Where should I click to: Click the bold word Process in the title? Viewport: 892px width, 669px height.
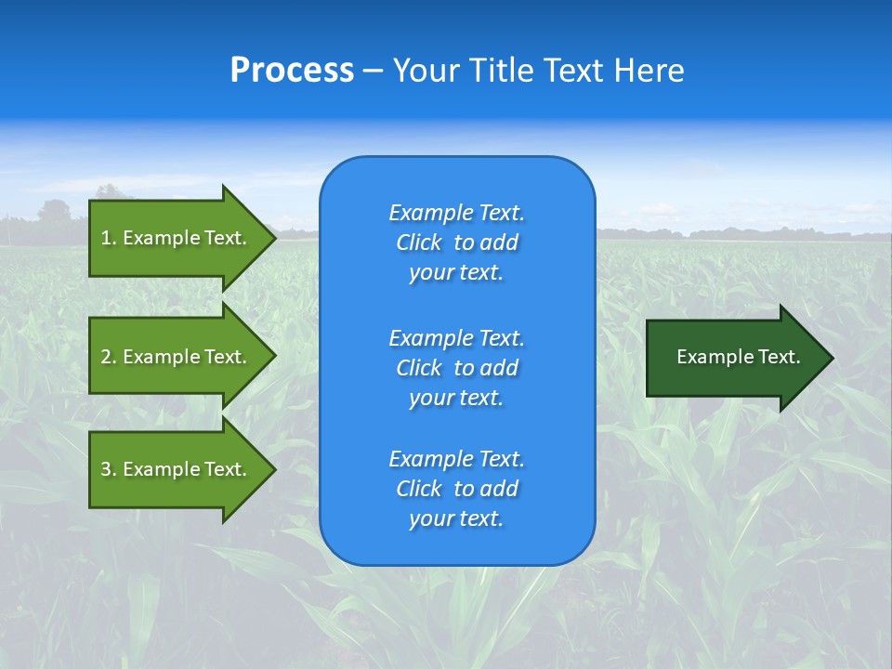point(292,71)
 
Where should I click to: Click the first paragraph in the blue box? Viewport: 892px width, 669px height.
point(456,243)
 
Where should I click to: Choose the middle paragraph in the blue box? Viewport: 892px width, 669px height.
point(456,368)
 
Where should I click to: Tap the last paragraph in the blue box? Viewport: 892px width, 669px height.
point(456,489)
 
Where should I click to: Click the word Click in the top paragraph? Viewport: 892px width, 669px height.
point(419,243)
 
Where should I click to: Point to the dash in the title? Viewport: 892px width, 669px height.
point(374,71)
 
